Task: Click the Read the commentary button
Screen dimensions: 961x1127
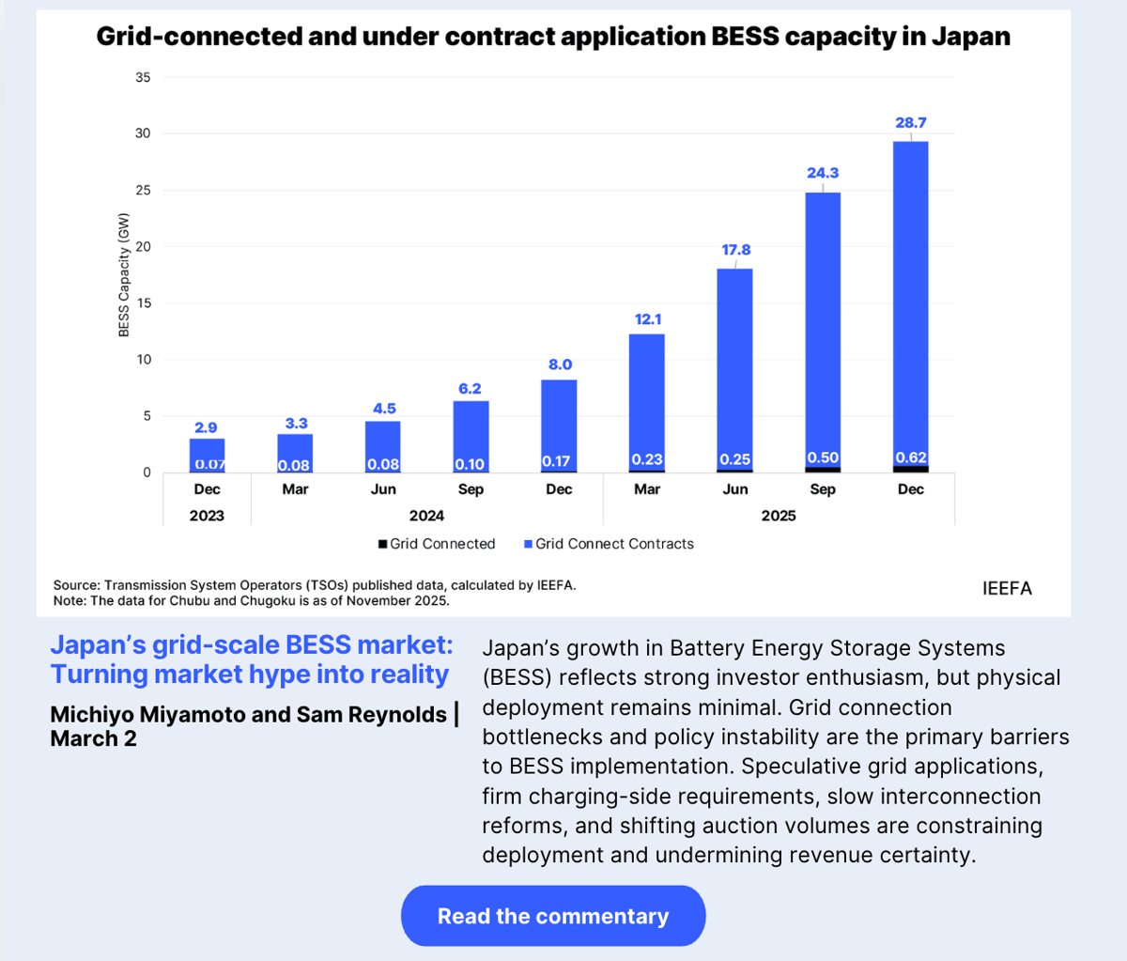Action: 552,916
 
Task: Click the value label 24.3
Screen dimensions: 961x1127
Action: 822,173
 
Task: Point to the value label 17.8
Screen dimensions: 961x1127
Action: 735,250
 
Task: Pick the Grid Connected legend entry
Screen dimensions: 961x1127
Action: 437,544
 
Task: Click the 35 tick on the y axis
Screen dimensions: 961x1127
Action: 143,77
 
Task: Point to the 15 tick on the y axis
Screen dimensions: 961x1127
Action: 143,303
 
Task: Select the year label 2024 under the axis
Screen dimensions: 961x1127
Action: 426,515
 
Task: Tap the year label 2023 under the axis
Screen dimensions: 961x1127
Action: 207,515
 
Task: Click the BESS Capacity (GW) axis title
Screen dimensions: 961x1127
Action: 124,274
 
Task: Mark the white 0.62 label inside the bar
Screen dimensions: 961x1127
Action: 910,457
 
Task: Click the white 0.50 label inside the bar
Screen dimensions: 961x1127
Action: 822,457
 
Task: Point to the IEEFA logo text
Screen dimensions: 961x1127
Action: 1007,588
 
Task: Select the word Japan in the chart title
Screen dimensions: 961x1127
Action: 971,37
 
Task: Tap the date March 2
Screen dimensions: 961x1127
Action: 93,738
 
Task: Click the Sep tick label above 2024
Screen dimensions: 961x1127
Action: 471,488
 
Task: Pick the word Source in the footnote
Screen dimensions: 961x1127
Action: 74,584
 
